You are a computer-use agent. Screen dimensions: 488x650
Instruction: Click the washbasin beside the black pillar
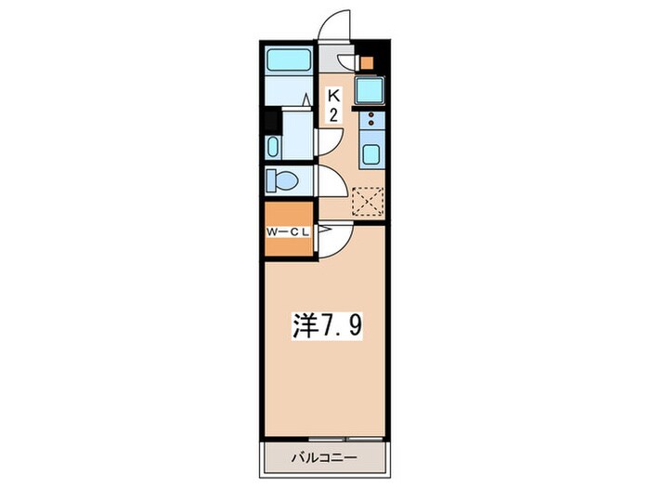coord(273,147)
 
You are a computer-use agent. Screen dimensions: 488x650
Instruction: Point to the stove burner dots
coord(372,119)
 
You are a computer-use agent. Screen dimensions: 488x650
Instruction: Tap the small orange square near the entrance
coord(366,64)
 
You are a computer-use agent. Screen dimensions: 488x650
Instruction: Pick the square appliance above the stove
coord(372,91)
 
